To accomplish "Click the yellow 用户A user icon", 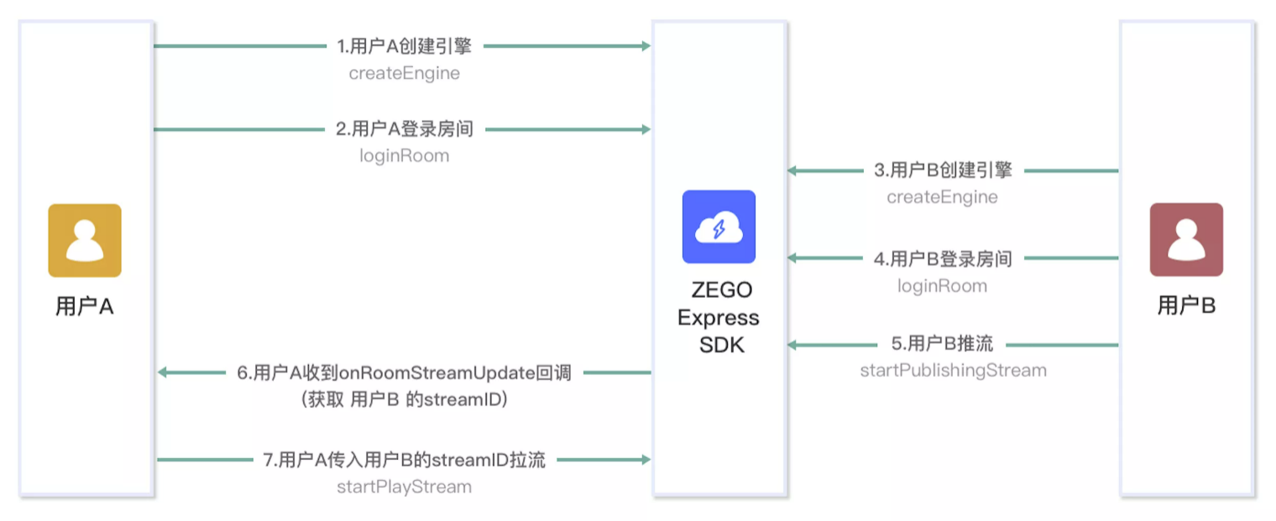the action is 85,240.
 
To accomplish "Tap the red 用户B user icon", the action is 1186,240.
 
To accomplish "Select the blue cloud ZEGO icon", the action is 719,227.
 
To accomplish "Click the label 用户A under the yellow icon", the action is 84,306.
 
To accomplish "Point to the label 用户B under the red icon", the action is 1186,305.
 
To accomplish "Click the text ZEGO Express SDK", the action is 719,317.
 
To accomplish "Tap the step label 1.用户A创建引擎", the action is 405,46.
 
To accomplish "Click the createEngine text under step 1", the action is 405,73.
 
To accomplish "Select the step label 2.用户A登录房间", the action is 405,128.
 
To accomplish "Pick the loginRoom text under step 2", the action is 405,155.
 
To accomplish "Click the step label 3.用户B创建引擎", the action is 943,169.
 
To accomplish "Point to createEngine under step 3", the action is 942,197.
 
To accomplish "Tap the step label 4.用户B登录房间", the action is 943,258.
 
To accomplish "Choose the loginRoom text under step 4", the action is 942,286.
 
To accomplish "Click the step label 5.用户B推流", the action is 942,343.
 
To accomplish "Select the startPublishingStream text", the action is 954,371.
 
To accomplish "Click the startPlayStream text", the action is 405,487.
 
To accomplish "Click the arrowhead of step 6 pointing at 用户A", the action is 163,373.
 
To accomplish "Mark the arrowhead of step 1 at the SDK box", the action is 646,46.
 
